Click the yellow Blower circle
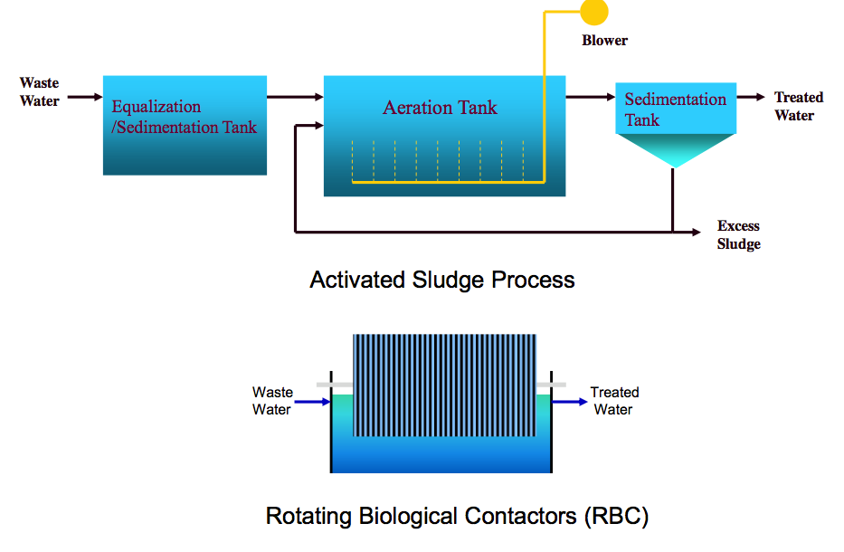[x=594, y=11]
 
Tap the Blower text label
[x=604, y=41]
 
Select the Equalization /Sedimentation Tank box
[x=185, y=125]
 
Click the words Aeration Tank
[x=440, y=108]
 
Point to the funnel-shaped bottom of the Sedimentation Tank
[x=675, y=150]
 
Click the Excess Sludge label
[x=738, y=234]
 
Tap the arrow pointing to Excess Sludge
[x=687, y=232]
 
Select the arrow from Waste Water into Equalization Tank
[x=85, y=97]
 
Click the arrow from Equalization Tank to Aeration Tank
[x=295, y=97]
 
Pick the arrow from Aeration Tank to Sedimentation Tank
[x=591, y=97]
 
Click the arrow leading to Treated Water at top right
[x=750, y=97]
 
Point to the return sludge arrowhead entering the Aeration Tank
[x=318, y=126]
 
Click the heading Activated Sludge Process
[x=442, y=280]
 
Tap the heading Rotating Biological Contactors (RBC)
[x=457, y=516]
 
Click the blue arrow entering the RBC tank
[x=312, y=402]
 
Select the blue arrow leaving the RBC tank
[x=570, y=402]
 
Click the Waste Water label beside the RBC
[x=272, y=401]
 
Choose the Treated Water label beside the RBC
[x=614, y=401]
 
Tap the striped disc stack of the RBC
[x=444, y=385]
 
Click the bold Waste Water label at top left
[x=39, y=91]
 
